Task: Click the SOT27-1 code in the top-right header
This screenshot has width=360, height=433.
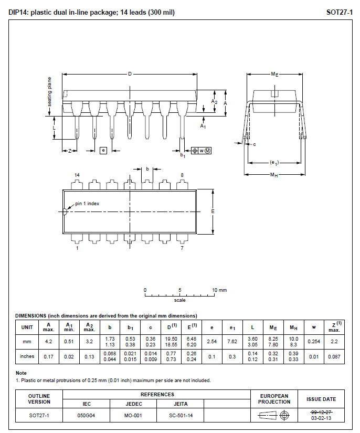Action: coord(340,12)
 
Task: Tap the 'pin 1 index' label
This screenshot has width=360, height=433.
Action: coord(87,204)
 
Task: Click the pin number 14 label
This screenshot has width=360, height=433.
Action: coord(77,175)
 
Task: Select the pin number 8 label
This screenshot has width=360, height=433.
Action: coord(182,175)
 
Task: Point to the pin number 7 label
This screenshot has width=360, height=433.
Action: coord(182,248)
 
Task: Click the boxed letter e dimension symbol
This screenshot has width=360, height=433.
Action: coord(103,151)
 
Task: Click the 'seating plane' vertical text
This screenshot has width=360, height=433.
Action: coord(49,92)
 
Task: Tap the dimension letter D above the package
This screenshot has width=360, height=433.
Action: coord(130,74)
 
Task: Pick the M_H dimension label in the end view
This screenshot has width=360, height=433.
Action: coord(274,175)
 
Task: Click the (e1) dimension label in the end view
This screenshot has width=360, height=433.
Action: coord(274,163)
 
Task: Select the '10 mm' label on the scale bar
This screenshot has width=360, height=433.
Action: coord(219,290)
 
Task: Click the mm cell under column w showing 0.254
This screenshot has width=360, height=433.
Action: coord(314,342)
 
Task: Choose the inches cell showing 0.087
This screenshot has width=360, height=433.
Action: coord(334,356)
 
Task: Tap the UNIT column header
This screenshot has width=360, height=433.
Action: coord(27,328)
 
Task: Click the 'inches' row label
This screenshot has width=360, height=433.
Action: coord(27,356)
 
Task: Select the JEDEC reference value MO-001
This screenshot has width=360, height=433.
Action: coord(133,415)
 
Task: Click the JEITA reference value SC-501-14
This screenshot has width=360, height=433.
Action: coord(181,415)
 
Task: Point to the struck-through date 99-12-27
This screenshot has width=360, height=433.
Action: coord(321,413)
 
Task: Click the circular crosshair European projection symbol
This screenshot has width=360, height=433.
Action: coord(284,415)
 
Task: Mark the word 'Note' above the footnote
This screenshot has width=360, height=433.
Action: coord(21,373)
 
